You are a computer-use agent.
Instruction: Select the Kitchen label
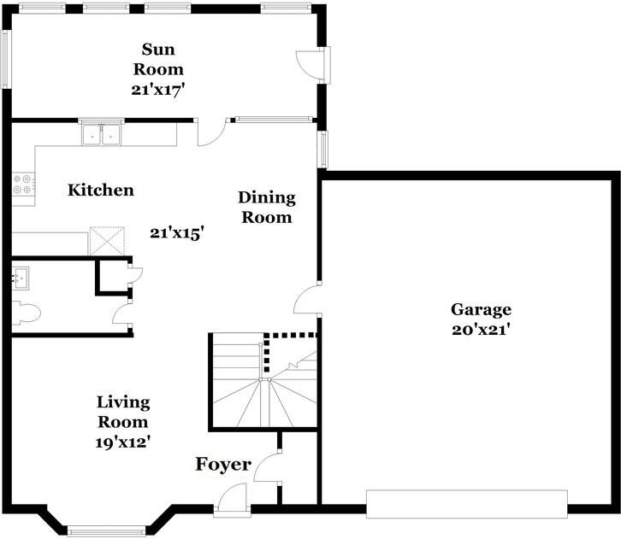click(101, 190)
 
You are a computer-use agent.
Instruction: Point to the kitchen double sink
click(101, 134)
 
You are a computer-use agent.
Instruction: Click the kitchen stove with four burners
click(23, 186)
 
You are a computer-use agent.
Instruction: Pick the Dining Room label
click(266, 208)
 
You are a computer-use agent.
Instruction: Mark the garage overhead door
click(466, 503)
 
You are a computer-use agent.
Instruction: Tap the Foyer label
click(223, 465)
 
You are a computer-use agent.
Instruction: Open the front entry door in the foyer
click(231, 499)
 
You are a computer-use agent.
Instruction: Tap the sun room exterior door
click(312, 65)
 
